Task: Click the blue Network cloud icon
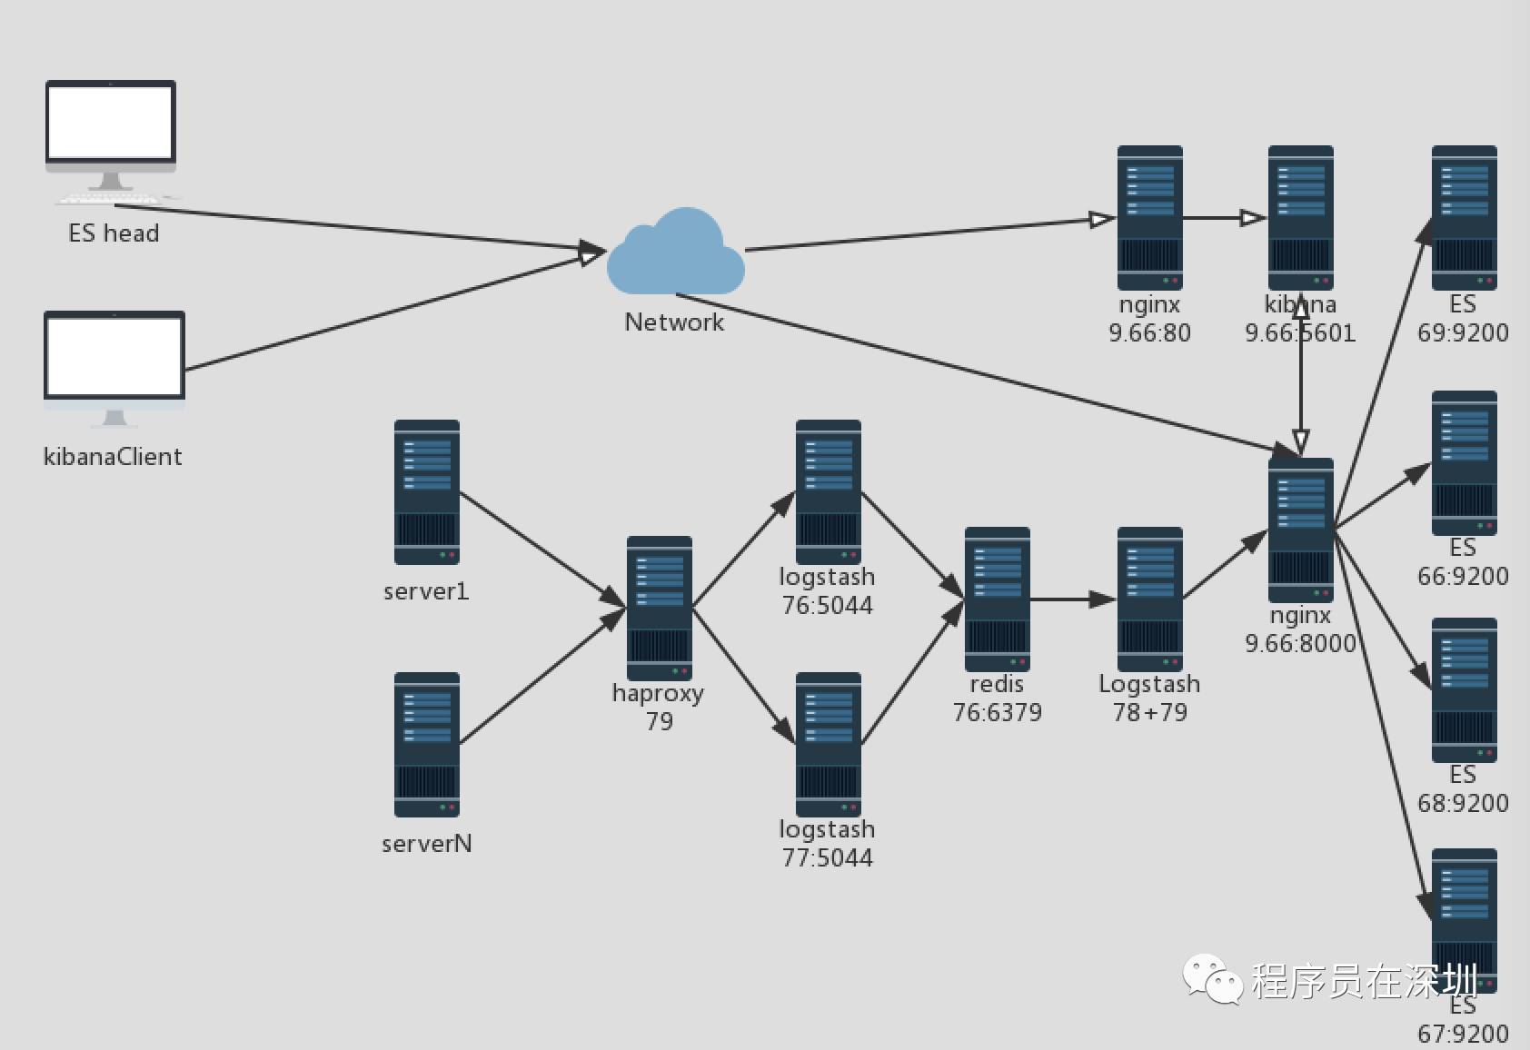pyautogui.click(x=675, y=253)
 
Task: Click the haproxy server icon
pyautogui.click(x=659, y=608)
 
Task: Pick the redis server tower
pyautogui.click(x=997, y=599)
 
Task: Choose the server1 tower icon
pyautogui.click(x=426, y=491)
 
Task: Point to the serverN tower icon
pyautogui.click(x=426, y=744)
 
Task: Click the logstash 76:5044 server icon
pyautogui.click(x=828, y=491)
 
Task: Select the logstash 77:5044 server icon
pyautogui.click(x=828, y=744)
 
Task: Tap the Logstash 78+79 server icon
pyautogui.click(x=1149, y=599)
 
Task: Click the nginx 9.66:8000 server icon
pyautogui.click(x=1300, y=530)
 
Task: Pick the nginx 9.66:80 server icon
pyautogui.click(x=1149, y=217)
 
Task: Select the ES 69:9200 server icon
pyautogui.click(x=1464, y=217)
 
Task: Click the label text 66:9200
pyautogui.click(x=1463, y=576)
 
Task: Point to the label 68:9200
pyautogui.click(x=1463, y=803)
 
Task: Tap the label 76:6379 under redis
pyautogui.click(x=997, y=712)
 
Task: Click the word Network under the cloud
pyautogui.click(x=674, y=322)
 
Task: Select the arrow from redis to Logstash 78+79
pyautogui.click(x=1073, y=599)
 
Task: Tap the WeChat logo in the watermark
pyautogui.click(x=1212, y=979)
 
